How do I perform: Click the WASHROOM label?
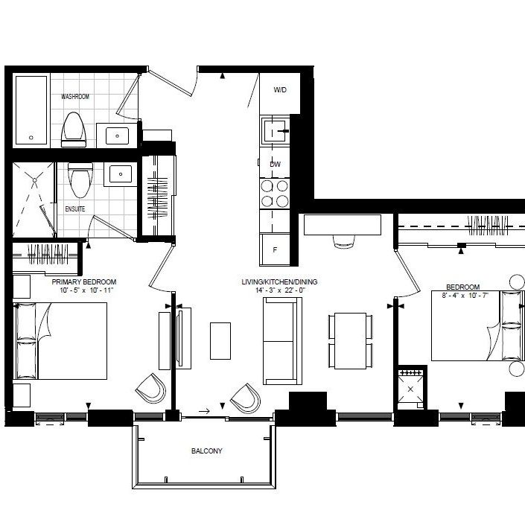click(75, 97)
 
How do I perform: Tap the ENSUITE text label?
click(75, 209)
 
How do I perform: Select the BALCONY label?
click(206, 451)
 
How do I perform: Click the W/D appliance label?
click(279, 90)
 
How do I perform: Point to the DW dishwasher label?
click(275, 164)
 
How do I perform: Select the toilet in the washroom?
click(74, 128)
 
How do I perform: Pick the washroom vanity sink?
click(117, 136)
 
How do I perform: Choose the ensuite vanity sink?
click(119, 174)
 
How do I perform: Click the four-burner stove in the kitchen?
click(274, 193)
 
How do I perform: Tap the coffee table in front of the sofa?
click(220, 340)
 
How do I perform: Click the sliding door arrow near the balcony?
click(205, 410)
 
